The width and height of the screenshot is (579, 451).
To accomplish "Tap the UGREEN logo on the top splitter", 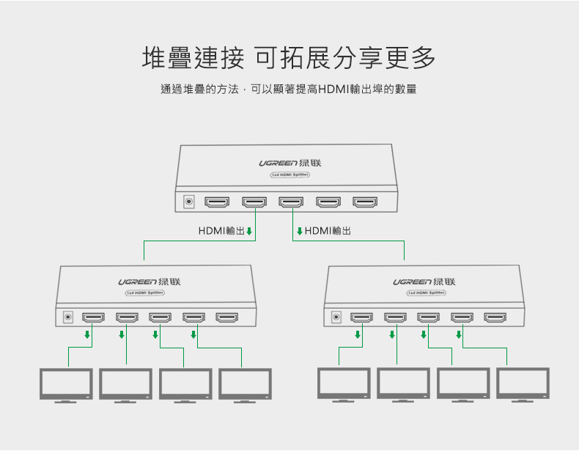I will coord(290,163).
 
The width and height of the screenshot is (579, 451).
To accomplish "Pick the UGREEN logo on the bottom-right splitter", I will coord(424,282).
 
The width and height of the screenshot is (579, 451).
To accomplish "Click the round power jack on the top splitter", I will coord(189,202).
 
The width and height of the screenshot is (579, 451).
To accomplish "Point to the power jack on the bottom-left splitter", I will coord(69,318).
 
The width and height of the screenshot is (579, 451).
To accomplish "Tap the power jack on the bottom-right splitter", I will coord(337,318).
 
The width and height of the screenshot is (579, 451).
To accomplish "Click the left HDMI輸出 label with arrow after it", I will coord(225,231).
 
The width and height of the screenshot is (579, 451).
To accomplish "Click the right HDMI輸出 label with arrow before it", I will coord(324,231).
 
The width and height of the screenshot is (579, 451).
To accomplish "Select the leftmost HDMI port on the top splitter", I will coord(217,202).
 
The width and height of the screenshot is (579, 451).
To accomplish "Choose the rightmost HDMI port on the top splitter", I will coord(365,202).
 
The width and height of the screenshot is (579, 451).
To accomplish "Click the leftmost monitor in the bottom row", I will coord(66,384).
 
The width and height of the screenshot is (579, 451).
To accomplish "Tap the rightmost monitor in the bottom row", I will coord(523,384).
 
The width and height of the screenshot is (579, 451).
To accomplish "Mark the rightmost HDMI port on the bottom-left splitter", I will coord(227,318).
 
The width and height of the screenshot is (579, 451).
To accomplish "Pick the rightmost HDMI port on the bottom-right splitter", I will coord(495,318).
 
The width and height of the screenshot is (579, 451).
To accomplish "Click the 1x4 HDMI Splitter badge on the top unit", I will coord(290,175).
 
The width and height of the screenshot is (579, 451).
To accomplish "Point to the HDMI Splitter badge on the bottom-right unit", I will coord(426,293).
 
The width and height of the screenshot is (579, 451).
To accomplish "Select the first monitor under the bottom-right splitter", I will coord(344,384).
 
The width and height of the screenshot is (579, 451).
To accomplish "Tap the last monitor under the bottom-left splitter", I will coord(245,384).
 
